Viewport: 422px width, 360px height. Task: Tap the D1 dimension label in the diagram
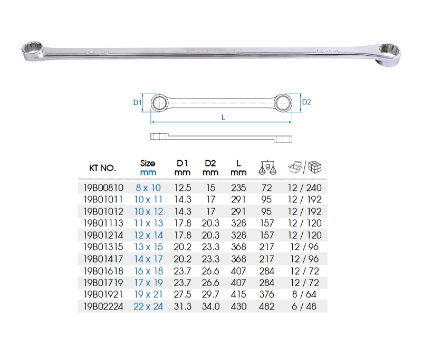coord(137,102)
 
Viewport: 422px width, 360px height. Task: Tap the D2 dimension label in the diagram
coord(306,102)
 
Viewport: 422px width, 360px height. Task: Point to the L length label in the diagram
coord(223,118)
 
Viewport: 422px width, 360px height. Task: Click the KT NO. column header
coord(102,168)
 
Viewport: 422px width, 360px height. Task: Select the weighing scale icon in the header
coord(267,168)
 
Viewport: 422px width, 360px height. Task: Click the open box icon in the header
coord(295,167)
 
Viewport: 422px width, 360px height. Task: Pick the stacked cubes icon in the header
coord(314,167)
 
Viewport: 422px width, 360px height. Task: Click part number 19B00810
coord(103,188)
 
